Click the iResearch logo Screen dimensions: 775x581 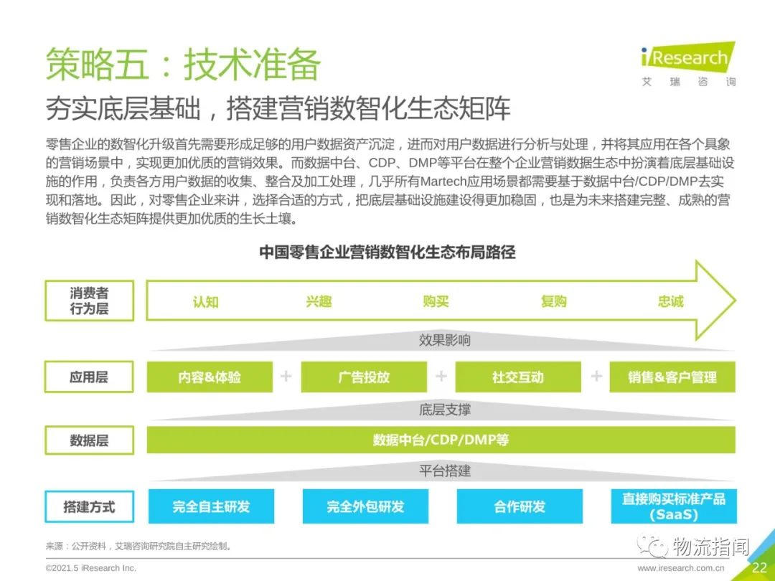pos(688,65)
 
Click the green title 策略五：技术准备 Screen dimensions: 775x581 pos(184,65)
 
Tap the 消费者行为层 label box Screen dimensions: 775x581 pos(90,301)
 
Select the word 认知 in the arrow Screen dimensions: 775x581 pos(206,301)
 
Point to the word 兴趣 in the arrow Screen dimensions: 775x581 pos(319,301)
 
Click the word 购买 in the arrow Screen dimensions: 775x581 pos(436,301)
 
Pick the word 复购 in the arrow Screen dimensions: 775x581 pos(553,301)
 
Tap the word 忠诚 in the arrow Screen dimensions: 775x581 pos(671,301)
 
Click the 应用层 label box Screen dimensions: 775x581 pos(89,377)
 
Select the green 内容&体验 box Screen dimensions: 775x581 pos(210,377)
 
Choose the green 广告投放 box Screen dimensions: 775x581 pos(364,377)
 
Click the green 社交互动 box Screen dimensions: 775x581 pos(518,377)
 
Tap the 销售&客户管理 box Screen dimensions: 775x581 pos(672,377)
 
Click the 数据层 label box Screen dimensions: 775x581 pos(90,440)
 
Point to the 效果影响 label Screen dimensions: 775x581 pos(444,341)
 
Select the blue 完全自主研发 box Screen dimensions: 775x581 pos(211,506)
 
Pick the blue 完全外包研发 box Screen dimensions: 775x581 pos(365,506)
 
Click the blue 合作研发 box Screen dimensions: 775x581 pos(520,506)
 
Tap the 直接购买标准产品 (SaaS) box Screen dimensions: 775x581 pos(674,506)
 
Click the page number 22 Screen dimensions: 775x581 pos(760,567)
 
